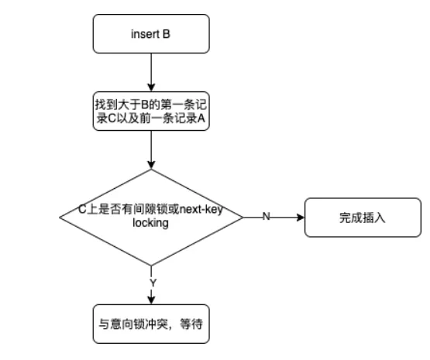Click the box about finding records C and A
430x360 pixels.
point(151,113)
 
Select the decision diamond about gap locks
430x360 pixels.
point(151,217)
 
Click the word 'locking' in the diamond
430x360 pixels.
point(151,222)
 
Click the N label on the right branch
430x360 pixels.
point(266,217)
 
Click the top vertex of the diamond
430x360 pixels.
point(151,168)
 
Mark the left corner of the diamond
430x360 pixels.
point(60,217)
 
